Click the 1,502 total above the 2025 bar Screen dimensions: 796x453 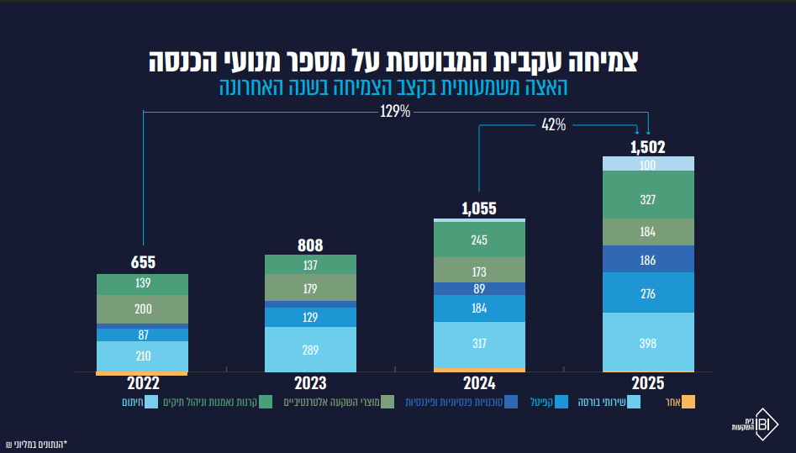point(648,147)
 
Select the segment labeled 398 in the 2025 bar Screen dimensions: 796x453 point(648,342)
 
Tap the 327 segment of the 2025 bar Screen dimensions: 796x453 point(648,194)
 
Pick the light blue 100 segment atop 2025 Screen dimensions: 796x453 point(648,164)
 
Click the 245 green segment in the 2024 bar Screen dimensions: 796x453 point(479,240)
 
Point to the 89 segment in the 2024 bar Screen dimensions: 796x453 point(479,289)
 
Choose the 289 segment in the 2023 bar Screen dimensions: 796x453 point(310,350)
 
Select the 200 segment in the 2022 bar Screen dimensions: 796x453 point(142,309)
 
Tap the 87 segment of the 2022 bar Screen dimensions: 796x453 point(142,334)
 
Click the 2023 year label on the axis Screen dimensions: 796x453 point(310,383)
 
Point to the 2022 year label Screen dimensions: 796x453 point(143,383)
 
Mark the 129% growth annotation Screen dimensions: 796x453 point(395,111)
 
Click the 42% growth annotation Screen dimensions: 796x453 point(553,124)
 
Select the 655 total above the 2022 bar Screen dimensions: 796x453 point(143,262)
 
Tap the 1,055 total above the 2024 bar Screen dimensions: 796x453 point(479,208)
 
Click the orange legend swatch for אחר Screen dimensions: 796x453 point(688,403)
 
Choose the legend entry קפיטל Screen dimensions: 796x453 point(549,403)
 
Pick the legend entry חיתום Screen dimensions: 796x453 point(140,403)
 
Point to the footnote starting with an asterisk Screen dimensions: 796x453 point(36,445)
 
